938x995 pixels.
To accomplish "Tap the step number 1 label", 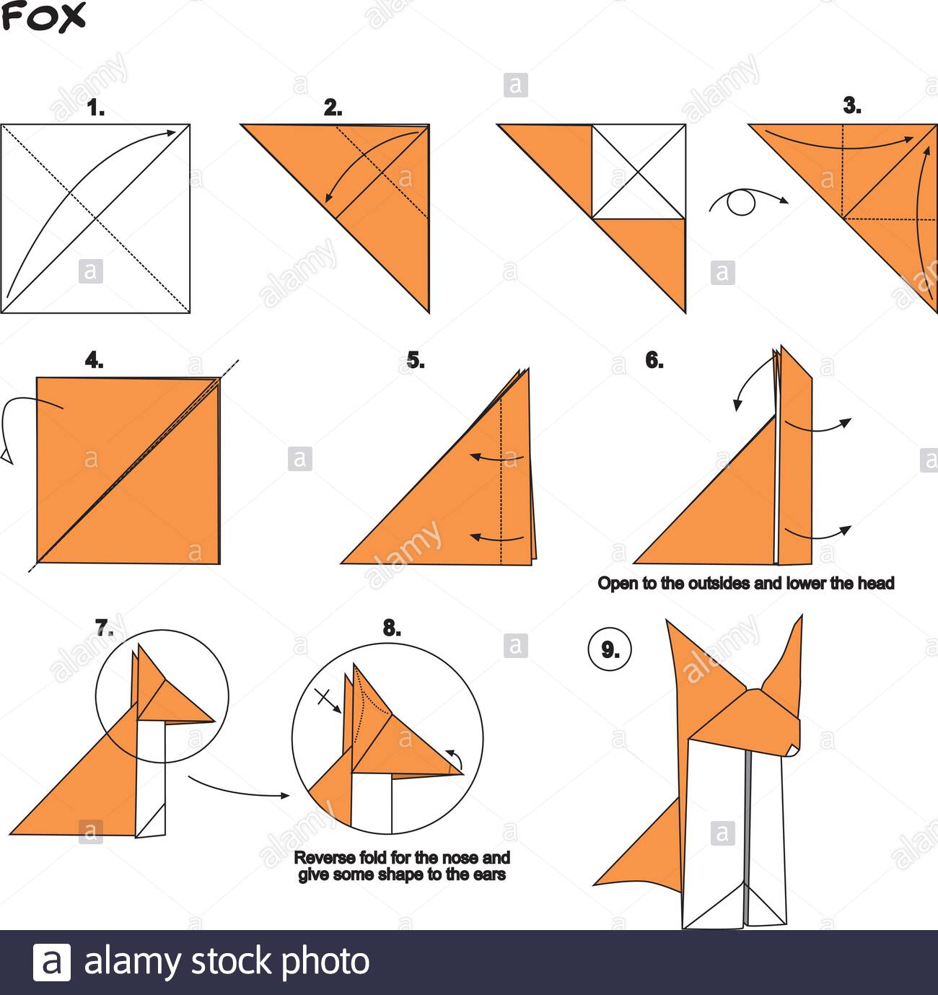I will click(x=95, y=108).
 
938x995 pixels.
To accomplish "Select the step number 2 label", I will click(x=333, y=108).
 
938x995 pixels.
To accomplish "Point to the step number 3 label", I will click(x=852, y=106).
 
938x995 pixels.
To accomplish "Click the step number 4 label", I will click(x=94, y=361).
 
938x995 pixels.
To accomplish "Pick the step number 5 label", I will click(x=416, y=361).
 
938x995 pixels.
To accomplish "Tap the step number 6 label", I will click(x=654, y=361).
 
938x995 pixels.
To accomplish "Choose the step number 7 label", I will click(x=105, y=628).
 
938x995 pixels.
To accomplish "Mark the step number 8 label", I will click(x=392, y=628).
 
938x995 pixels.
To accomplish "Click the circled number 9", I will click(x=610, y=650).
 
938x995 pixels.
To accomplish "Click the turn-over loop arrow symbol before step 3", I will click(x=743, y=202).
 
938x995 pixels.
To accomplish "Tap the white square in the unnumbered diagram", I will click(x=638, y=171).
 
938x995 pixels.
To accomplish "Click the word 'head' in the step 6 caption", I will click(x=875, y=583).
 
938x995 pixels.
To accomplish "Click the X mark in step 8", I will click(x=325, y=697).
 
